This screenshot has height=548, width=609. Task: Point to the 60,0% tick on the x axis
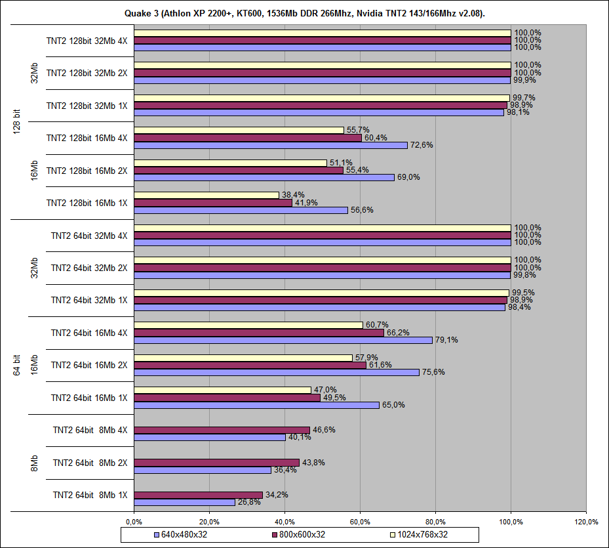coord(360,522)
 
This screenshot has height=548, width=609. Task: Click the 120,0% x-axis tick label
coord(586,522)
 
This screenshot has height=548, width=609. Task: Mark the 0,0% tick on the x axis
coord(134,522)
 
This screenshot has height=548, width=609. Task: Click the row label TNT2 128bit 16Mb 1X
coord(87,203)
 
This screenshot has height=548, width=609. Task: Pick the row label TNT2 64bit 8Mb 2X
coord(90,463)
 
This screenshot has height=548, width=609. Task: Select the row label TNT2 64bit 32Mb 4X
coord(89,235)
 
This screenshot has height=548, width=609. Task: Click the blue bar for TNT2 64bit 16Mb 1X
coord(256,405)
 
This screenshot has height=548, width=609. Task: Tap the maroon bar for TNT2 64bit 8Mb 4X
coord(222,431)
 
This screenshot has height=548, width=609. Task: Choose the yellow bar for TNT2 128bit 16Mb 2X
coord(230,163)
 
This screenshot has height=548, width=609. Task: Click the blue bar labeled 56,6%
coord(241,210)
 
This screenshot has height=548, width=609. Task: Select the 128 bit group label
coord(17,121)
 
